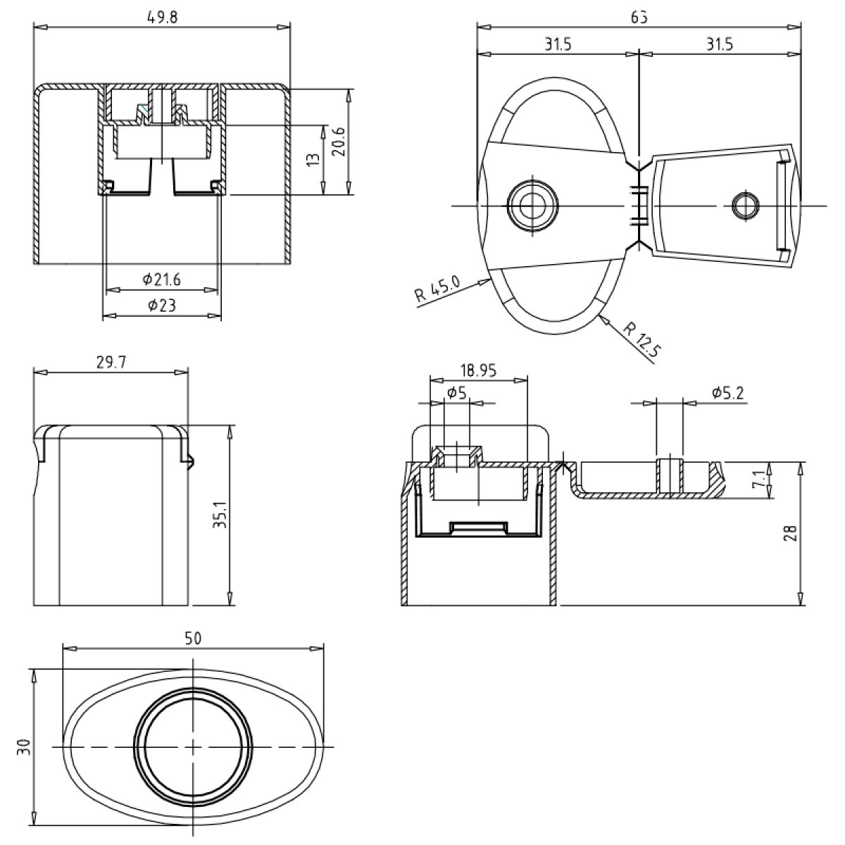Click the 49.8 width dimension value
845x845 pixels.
coord(163,18)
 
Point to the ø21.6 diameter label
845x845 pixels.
coord(161,280)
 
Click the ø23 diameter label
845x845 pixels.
coord(161,305)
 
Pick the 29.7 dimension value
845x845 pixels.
coord(111,361)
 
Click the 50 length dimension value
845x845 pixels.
coord(193,638)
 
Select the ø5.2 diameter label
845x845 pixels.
coord(726,392)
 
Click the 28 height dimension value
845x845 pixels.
coord(790,533)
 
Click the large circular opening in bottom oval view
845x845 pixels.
coord(193,746)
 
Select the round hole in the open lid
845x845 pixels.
coord(746,205)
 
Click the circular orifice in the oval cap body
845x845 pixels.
coord(532,205)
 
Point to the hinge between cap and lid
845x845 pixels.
coord(639,205)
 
